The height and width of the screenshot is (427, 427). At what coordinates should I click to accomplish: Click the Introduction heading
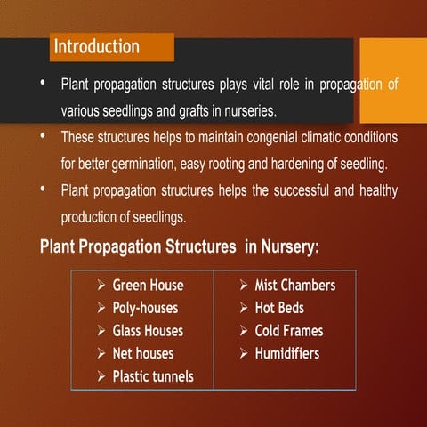pyautogui.click(x=97, y=46)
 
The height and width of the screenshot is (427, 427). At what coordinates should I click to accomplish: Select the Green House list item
pyautogui.click(x=148, y=286)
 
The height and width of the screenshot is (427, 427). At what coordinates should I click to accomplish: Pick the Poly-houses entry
pyautogui.click(x=145, y=308)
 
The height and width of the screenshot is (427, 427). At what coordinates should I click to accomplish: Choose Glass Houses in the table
pyautogui.click(x=148, y=331)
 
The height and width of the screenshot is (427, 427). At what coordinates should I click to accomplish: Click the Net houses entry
pyautogui.click(x=142, y=354)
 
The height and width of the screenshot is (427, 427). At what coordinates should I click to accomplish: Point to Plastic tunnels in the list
pyautogui.click(x=152, y=376)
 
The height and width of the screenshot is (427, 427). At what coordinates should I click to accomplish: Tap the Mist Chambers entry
pyautogui.click(x=294, y=286)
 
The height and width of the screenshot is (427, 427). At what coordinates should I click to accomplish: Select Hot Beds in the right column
pyautogui.click(x=279, y=308)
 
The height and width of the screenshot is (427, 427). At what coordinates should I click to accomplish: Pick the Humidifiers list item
pyautogui.click(x=286, y=354)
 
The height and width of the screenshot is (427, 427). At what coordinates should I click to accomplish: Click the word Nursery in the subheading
pyautogui.click(x=282, y=246)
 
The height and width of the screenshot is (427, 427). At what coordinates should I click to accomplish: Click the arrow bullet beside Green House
pyautogui.click(x=102, y=286)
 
